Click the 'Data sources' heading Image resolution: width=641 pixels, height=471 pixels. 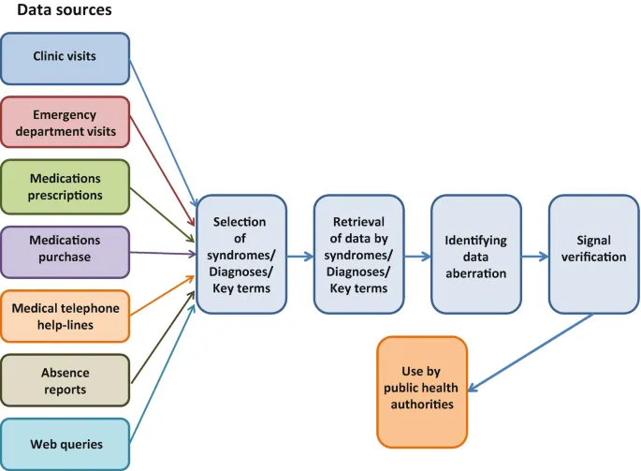click(x=64, y=11)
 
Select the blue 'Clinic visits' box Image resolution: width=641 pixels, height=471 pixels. click(x=65, y=57)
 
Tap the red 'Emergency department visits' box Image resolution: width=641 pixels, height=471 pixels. click(x=65, y=123)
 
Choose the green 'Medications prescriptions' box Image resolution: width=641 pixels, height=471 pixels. click(x=65, y=186)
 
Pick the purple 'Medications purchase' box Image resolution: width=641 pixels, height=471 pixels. click(x=65, y=252)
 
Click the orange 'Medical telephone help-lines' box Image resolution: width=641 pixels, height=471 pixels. click(x=65, y=317)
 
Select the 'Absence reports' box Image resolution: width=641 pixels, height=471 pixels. click(x=65, y=381)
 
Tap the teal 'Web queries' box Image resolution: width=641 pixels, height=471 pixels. click(x=65, y=444)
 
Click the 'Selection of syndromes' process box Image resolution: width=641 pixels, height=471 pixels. click(x=240, y=255)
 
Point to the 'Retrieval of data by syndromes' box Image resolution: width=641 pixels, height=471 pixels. click(x=358, y=255)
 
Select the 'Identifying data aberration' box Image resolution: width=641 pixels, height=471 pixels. click(x=475, y=255)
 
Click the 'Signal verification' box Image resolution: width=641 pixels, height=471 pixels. click(x=593, y=255)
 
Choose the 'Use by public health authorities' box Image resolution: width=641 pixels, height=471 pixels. click(x=421, y=392)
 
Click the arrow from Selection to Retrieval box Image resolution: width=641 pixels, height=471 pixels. click(x=299, y=256)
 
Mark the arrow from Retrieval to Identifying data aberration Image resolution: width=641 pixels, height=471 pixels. click(x=417, y=256)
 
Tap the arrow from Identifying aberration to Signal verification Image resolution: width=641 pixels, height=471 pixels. click(x=534, y=256)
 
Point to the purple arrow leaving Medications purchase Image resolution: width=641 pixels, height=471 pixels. click(x=161, y=253)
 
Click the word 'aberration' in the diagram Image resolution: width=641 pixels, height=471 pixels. click(x=475, y=273)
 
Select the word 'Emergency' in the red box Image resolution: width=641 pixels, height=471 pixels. click(x=65, y=114)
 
